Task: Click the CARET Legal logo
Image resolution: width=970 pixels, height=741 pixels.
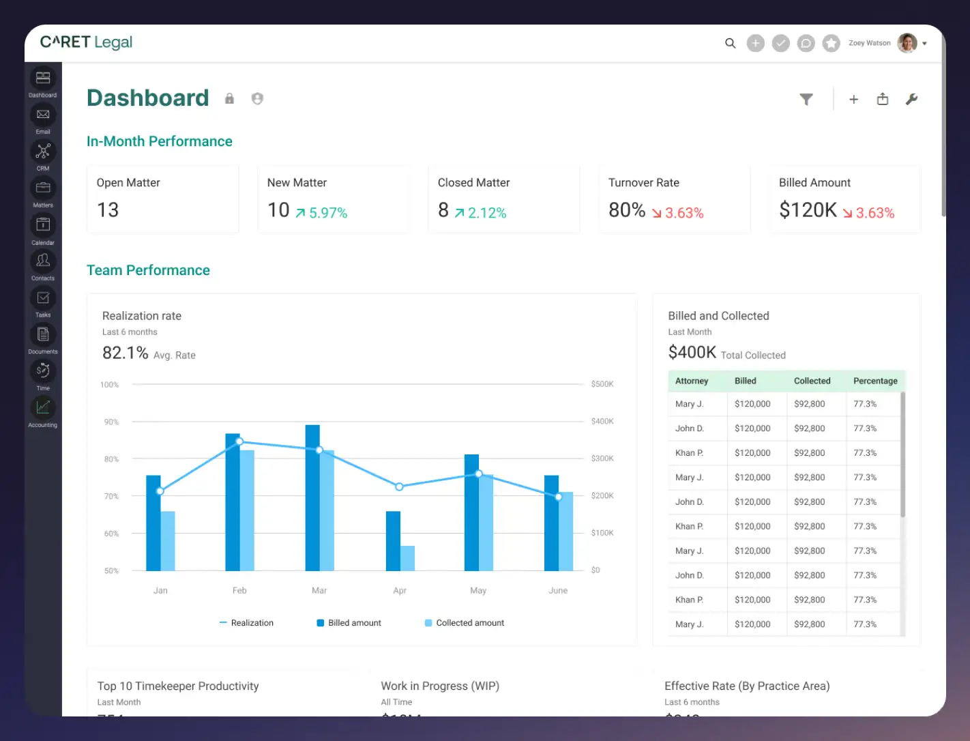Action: [x=86, y=42]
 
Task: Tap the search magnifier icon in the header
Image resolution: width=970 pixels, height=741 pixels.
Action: [x=730, y=43]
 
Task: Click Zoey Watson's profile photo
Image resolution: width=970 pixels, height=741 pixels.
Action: [x=907, y=43]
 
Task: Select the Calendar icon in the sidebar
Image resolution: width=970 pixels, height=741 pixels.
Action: [x=43, y=224]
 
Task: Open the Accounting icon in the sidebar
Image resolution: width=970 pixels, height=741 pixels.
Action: [x=43, y=407]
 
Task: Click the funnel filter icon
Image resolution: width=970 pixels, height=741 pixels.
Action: [x=806, y=100]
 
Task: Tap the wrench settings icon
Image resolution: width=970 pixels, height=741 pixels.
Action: [x=911, y=100]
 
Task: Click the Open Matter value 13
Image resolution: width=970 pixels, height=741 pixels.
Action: [x=108, y=210]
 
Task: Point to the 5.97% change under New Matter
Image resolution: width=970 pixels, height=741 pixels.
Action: [x=322, y=213]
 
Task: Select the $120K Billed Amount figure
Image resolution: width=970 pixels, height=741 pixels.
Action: [x=808, y=210]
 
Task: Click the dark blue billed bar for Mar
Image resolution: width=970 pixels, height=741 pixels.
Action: [x=312, y=498]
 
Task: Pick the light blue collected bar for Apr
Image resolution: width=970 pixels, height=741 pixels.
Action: [x=407, y=558]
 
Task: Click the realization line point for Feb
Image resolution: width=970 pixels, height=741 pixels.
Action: [x=239, y=441]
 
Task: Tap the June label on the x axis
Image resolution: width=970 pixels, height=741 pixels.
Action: [x=558, y=590]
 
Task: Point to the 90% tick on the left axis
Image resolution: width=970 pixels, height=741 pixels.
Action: [x=111, y=422]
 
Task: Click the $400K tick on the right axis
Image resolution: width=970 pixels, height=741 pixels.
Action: [x=602, y=422]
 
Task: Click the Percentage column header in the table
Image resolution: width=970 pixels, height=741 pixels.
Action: [x=875, y=381]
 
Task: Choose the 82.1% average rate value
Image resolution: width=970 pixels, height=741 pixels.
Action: [x=126, y=353]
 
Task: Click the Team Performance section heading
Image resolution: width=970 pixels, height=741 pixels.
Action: [x=148, y=270]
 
